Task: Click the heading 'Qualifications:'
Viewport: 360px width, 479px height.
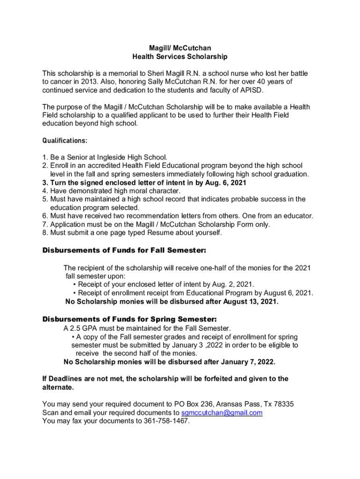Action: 65,140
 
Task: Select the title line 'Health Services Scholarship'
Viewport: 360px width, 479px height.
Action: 180,57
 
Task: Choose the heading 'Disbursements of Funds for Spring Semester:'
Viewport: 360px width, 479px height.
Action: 130,319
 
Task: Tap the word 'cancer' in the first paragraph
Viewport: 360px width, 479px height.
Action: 62,82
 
